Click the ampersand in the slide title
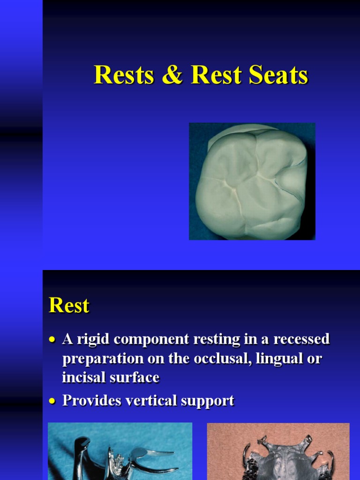(x=172, y=75)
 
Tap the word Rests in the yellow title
(x=124, y=75)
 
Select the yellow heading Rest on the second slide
(x=69, y=306)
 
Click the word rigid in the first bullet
(x=92, y=339)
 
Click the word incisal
(x=80, y=377)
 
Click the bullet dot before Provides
(x=53, y=401)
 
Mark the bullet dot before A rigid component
(x=53, y=339)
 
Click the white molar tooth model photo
(x=252, y=181)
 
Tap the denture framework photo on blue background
(x=120, y=451)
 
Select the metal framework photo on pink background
(x=278, y=451)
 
